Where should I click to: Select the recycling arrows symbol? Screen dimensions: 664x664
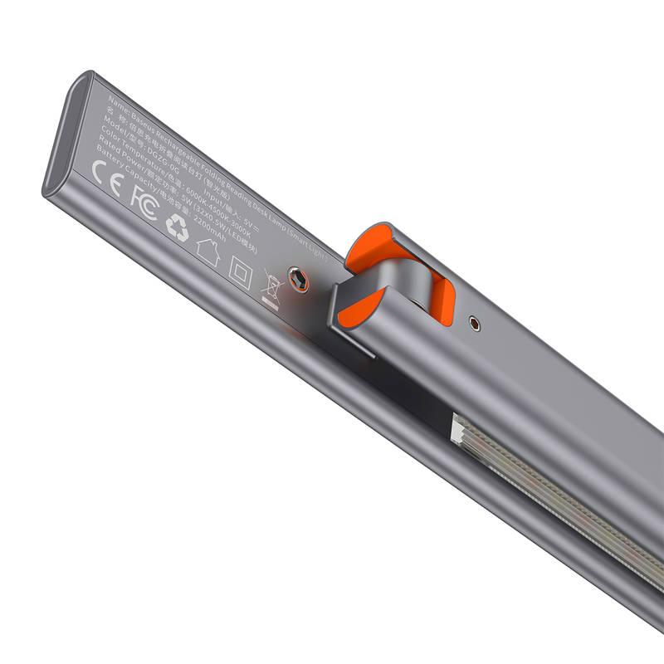coord(177,227)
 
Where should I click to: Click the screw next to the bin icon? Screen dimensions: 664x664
coord(297,279)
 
